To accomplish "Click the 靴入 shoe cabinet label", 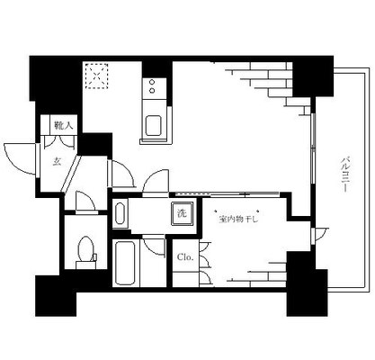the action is tap(63, 125).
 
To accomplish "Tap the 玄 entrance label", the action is tap(58, 162).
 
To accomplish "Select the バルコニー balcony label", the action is tap(345, 175).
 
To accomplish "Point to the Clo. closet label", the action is tap(185, 257).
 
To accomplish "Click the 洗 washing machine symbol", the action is tap(183, 213).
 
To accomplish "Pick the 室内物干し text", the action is tap(238, 220).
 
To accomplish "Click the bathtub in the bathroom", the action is tap(126, 263).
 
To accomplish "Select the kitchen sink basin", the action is tap(153, 126).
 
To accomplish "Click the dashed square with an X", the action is tap(96, 76).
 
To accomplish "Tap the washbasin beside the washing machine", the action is tap(121, 213).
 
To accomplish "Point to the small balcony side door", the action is tap(319, 236).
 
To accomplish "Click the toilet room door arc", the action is tap(85, 201).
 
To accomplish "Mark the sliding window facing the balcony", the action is tap(313, 148).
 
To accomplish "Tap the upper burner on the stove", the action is tap(152, 82).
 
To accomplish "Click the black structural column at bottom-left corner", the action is tap(56, 295).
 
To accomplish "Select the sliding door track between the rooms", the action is tap(228, 194).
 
